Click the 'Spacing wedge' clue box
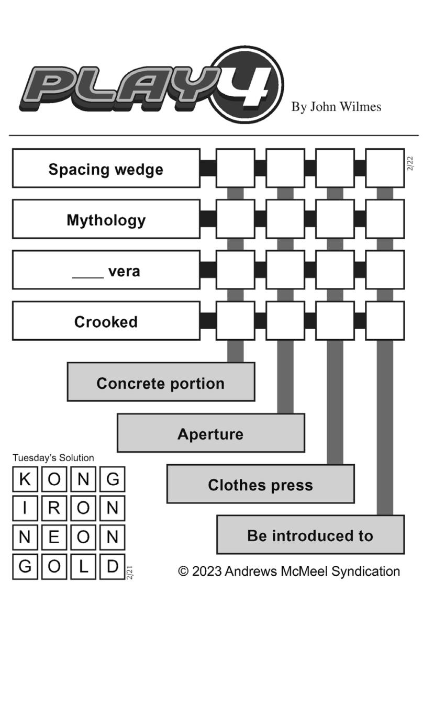(x=106, y=168)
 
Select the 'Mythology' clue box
(x=106, y=219)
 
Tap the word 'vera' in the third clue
(x=124, y=272)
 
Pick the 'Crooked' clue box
(x=106, y=321)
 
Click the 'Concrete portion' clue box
(x=161, y=382)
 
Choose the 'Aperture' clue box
(x=211, y=433)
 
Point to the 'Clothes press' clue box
(x=261, y=484)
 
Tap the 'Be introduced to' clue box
(x=310, y=534)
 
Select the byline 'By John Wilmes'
(x=336, y=107)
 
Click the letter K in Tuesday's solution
(x=25, y=479)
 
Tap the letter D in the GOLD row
(x=113, y=567)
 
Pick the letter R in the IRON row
(x=54, y=508)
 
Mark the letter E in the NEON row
(x=54, y=537)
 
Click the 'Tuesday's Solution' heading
(x=53, y=458)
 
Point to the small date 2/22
(x=410, y=163)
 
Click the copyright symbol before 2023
(x=183, y=572)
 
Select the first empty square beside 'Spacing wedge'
(x=236, y=168)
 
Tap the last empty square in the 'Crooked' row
(x=385, y=321)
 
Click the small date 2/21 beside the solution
(x=129, y=573)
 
